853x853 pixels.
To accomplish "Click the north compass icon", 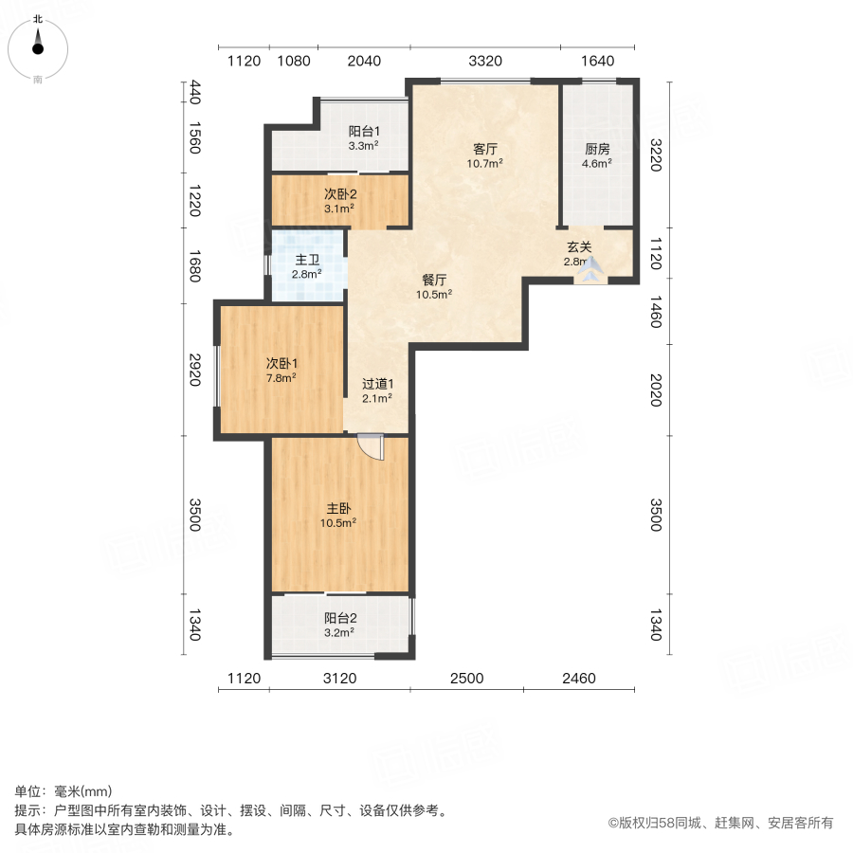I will [x=38, y=44].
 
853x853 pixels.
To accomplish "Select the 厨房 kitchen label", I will [x=596, y=149].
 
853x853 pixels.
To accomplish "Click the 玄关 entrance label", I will [x=579, y=247].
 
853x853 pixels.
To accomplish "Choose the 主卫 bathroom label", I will [x=306, y=259].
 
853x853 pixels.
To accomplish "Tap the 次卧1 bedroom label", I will [x=281, y=363].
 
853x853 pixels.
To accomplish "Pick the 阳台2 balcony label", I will [x=338, y=617].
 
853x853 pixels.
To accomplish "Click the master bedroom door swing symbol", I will [x=372, y=447].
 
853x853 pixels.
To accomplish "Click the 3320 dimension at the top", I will [x=484, y=62].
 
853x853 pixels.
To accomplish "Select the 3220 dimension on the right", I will [x=655, y=154].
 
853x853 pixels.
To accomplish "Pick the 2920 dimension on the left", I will [x=194, y=370].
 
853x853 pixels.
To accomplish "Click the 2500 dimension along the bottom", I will [x=466, y=678].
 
